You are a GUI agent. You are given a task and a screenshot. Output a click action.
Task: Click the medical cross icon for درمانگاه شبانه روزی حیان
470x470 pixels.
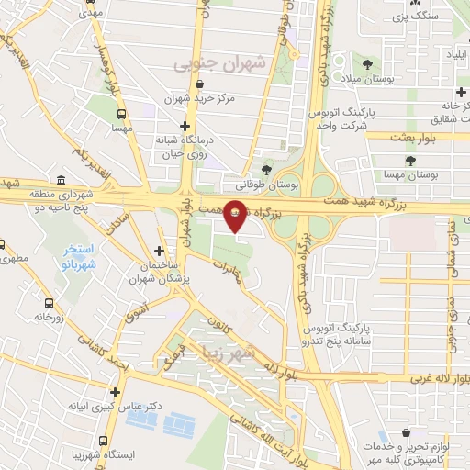(185, 126)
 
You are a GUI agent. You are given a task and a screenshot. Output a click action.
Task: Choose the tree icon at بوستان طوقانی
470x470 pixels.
(266, 170)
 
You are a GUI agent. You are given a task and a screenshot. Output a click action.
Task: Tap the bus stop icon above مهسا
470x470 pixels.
(122, 116)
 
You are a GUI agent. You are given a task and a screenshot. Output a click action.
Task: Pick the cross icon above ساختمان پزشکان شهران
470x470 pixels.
(160, 250)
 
